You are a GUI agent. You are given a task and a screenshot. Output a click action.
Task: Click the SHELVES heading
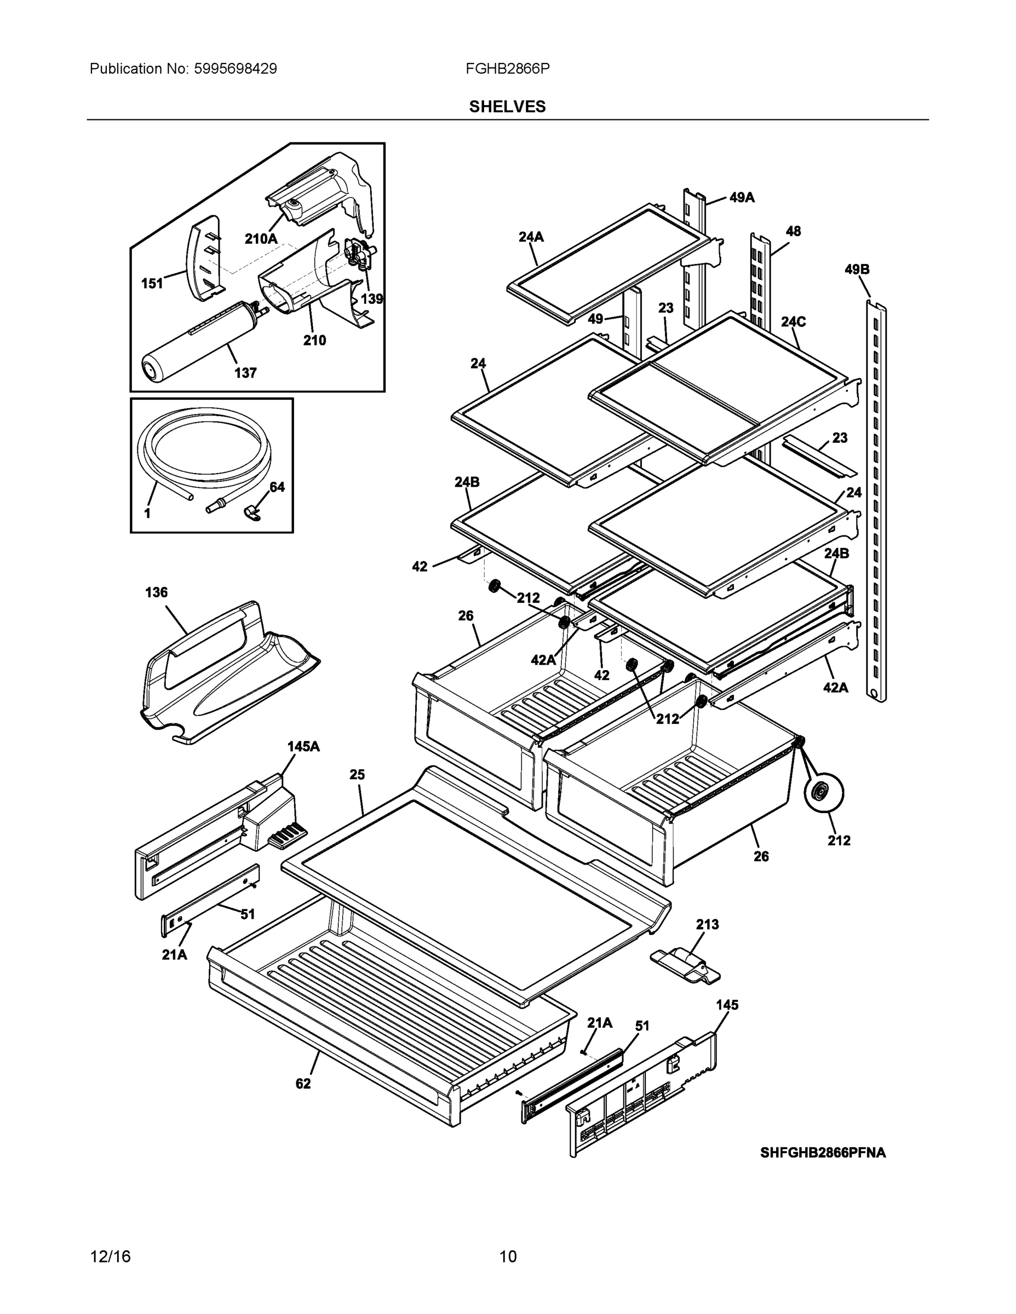coord(507,107)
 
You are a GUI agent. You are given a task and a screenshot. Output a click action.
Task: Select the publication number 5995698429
coord(236,68)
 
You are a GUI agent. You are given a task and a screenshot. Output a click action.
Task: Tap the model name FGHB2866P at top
coord(507,68)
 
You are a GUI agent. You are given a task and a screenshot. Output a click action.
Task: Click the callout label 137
coord(245,373)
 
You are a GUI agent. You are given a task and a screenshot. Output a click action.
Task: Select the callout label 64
coord(277,487)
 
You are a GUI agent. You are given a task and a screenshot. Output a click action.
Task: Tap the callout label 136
coord(156,592)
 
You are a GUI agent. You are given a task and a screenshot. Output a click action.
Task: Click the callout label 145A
coord(303,746)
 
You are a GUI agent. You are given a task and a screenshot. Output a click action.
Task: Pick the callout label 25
coord(357,774)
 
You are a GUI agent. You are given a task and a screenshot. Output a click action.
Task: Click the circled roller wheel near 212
coord(823,792)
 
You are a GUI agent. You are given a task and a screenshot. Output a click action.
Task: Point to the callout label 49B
coord(857,269)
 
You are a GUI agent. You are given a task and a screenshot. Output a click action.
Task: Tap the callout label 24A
coord(531,237)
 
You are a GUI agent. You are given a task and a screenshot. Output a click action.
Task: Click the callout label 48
coord(793,231)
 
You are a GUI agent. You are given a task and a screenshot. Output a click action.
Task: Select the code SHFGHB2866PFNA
coord(823,1152)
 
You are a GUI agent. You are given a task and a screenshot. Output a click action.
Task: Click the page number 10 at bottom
coord(508,1257)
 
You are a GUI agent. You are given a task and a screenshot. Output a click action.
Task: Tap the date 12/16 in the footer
coord(110,1257)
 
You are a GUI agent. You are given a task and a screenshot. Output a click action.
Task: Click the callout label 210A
coord(261,239)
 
